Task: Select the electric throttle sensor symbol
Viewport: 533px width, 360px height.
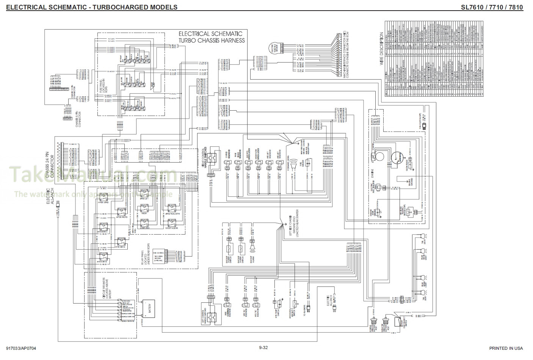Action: pyautogui.click(x=274, y=47)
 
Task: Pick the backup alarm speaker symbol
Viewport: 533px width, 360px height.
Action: pyautogui.click(x=252, y=248)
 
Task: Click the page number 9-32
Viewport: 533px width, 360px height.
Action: pyautogui.click(x=263, y=348)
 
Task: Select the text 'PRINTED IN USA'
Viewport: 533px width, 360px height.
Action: pyautogui.click(x=506, y=348)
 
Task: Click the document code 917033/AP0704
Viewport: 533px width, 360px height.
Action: pyautogui.click(x=22, y=348)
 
